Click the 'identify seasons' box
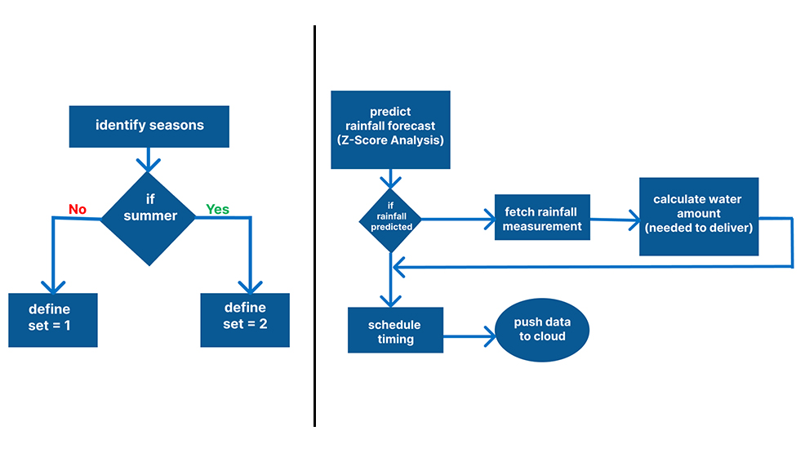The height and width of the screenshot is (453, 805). point(149,126)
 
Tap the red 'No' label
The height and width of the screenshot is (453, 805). point(78,210)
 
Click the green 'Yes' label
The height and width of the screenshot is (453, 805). point(217,210)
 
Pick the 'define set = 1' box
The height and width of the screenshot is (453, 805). point(52,319)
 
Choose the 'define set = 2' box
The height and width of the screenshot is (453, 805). point(245,319)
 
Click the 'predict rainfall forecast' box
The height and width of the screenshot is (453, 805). point(390,130)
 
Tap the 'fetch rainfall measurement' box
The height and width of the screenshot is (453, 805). point(542,218)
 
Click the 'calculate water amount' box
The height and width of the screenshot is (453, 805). point(698,216)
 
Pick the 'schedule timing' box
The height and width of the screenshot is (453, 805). point(395,330)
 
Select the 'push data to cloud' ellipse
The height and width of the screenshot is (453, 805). point(542,330)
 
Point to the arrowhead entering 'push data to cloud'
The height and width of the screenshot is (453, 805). point(489,334)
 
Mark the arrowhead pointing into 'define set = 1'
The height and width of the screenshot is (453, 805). point(52,286)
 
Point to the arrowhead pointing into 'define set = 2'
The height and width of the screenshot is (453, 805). point(246,286)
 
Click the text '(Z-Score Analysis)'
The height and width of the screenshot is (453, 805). point(390,141)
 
